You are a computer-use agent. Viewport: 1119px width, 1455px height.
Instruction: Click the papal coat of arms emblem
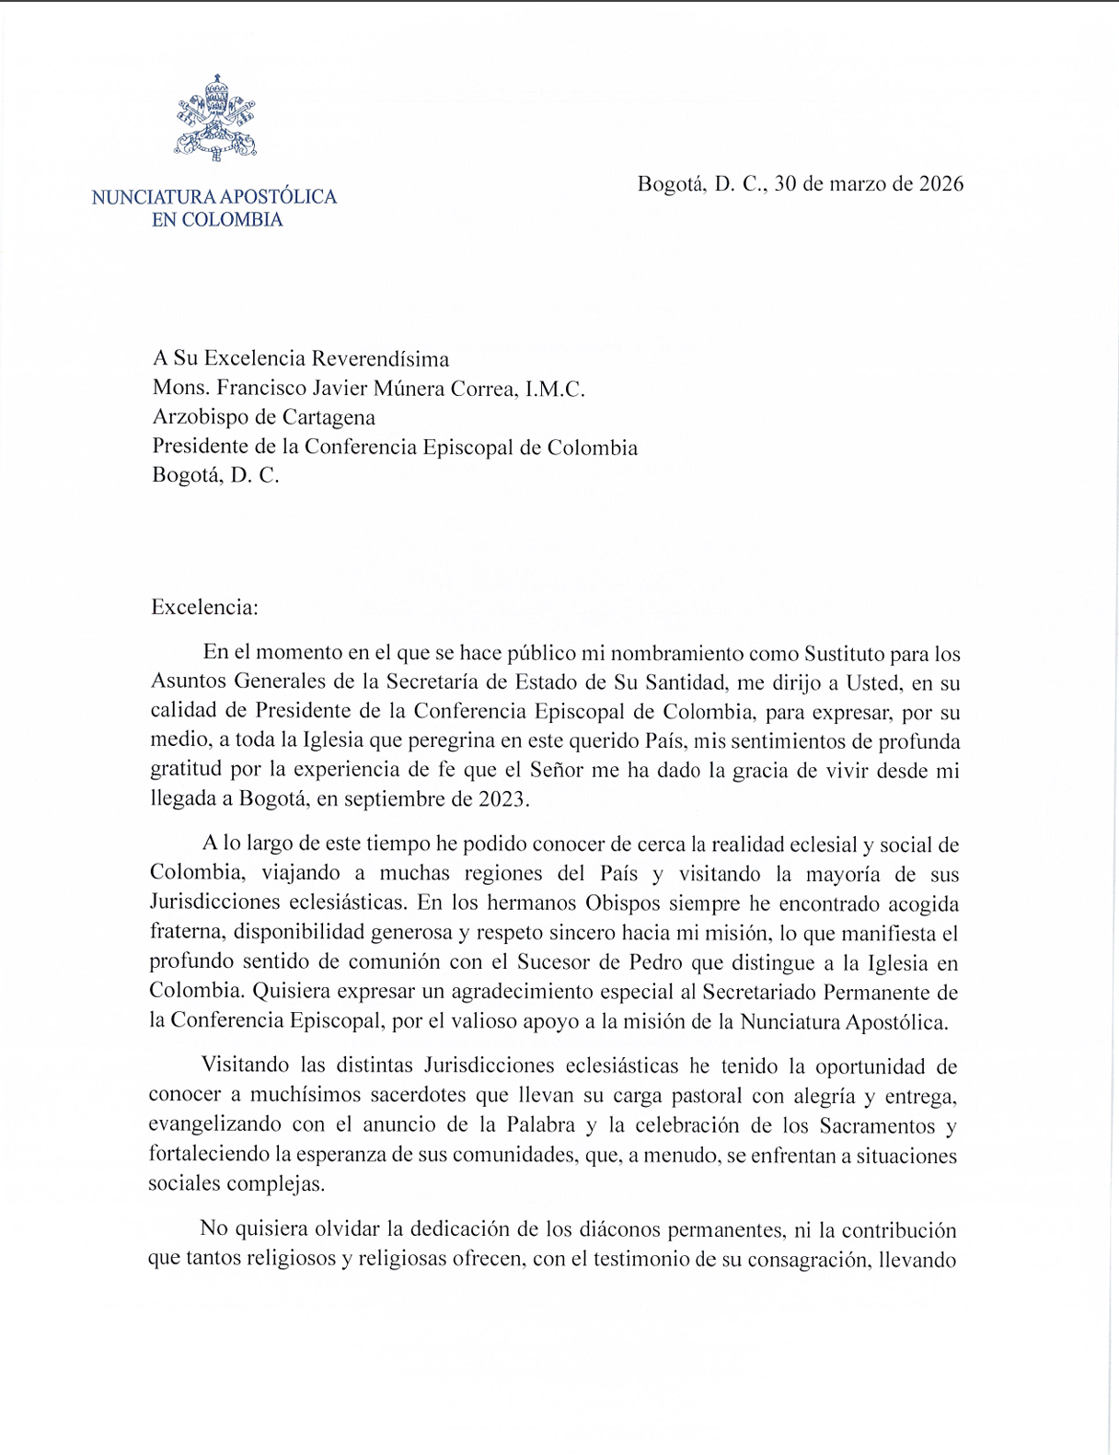tap(215, 118)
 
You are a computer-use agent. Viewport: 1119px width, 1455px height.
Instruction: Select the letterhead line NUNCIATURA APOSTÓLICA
tap(214, 196)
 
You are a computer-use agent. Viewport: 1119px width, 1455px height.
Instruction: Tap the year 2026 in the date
tap(940, 183)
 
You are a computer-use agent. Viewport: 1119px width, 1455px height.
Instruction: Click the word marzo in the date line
tap(859, 183)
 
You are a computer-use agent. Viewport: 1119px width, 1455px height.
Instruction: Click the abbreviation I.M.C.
tap(554, 389)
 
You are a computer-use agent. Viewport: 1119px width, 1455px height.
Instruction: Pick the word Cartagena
tap(329, 417)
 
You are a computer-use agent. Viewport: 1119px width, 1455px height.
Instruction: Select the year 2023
tap(502, 798)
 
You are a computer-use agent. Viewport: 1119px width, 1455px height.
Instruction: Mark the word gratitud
tap(181, 771)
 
